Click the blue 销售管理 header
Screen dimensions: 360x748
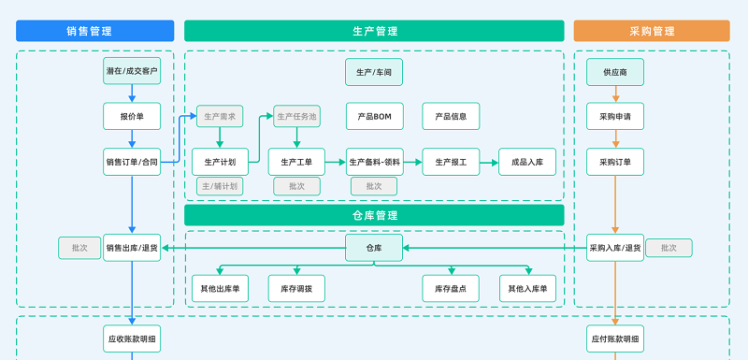[x=95, y=31]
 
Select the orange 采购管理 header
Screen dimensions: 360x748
[x=652, y=31]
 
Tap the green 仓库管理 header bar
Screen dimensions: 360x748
[x=374, y=215]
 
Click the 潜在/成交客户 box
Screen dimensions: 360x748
[x=132, y=71]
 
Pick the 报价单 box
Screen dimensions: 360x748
[x=132, y=117]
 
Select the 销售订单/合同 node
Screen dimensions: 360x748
[x=132, y=162]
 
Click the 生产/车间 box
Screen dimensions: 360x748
[x=374, y=71]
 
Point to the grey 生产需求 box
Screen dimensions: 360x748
[x=220, y=117]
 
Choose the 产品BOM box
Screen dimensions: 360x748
[x=374, y=117]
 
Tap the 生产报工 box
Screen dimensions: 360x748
[x=451, y=162]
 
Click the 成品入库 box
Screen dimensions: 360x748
[x=527, y=162]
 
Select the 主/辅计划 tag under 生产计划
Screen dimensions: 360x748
[x=220, y=186]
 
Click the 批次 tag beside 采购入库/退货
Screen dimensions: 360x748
[x=669, y=248]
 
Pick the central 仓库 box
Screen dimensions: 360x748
[x=374, y=248]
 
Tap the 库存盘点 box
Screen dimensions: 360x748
[x=451, y=288]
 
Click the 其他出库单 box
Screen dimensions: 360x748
[x=220, y=288]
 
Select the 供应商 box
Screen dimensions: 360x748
[x=615, y=71]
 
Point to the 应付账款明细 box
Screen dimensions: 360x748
[x=615, y=337]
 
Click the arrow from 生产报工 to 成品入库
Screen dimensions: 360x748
[x=489, y=162]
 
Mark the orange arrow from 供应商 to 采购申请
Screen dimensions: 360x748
[x=615, y=94]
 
